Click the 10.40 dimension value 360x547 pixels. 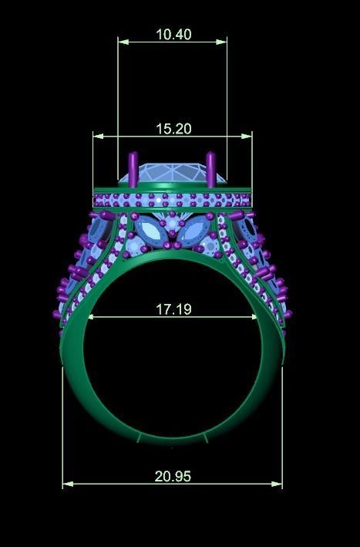pyautogui.click(x=173, y=35)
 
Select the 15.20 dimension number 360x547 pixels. pyautogui.click(x=173, y=129)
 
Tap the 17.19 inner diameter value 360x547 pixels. pyautogui.click(x=173, y=309)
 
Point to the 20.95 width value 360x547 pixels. pyautogui.click(x=173, y=477)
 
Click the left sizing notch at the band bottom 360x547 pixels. pyautogui.click(x=139, y=438)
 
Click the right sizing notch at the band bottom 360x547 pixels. pyautogui.click(x=207, y=438)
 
